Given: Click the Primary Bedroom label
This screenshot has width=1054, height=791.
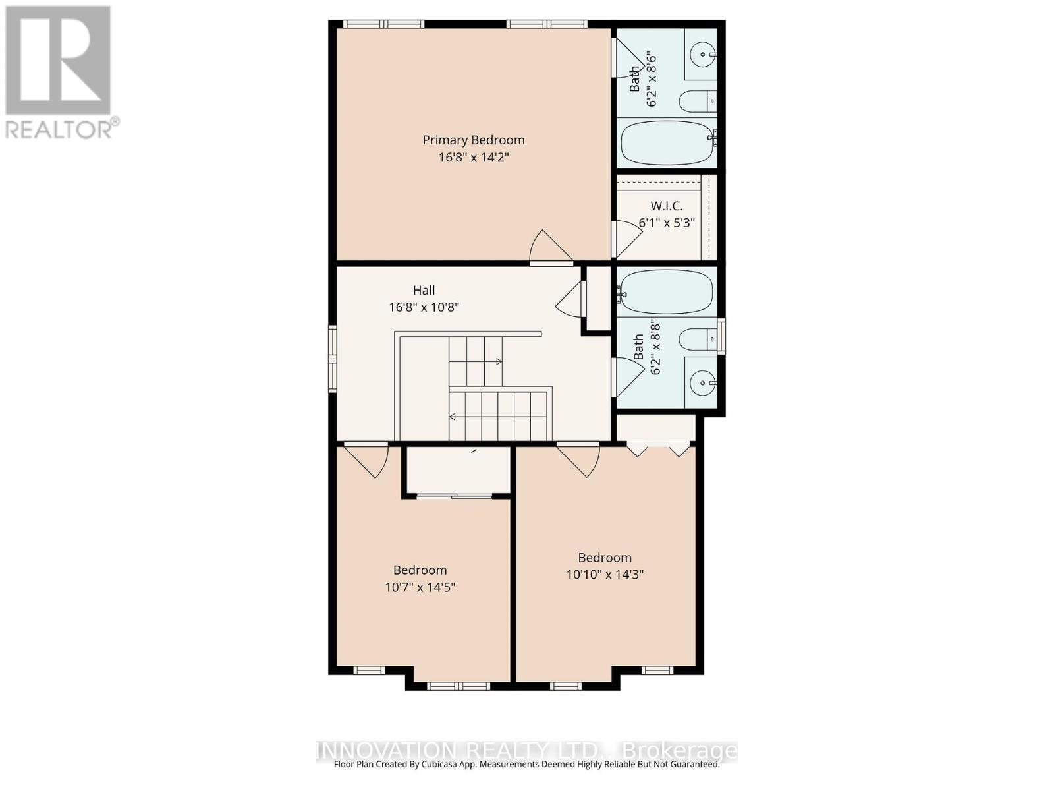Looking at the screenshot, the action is point(473,140).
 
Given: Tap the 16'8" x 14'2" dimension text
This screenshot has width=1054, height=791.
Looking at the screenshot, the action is point(473,157).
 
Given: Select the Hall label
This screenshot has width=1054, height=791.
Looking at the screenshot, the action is point(424,290).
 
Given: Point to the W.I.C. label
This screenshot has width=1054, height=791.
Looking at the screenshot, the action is point(667,206).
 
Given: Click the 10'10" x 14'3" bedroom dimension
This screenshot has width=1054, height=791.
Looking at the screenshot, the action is point(605,574).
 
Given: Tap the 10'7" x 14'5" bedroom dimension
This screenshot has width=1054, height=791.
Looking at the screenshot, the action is point(420,587).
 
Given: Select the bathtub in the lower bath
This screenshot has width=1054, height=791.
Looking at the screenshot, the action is point(665,291).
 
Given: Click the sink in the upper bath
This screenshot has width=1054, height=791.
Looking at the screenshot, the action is point(702,55).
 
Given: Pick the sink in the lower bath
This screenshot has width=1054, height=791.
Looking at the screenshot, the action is point(702,383).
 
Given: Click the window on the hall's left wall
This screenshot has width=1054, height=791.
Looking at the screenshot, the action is point(332,359).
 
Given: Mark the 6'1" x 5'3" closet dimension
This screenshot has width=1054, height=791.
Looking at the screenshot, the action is point(667,223).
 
